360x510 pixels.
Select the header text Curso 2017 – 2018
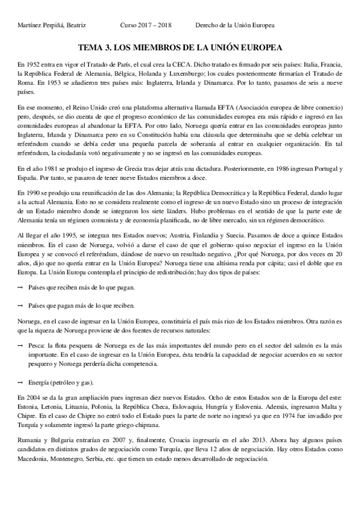pos(147,25)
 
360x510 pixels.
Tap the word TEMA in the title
pos(91,46)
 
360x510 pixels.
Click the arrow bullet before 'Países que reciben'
pos(20,287)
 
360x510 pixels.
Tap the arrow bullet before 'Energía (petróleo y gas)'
pos(20,382)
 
